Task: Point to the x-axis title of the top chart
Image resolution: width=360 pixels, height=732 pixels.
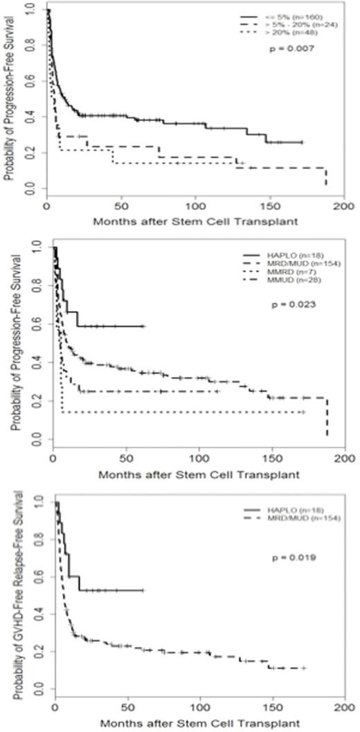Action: point(198,224)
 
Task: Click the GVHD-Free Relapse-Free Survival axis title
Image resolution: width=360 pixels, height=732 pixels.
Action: point(9,583)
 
